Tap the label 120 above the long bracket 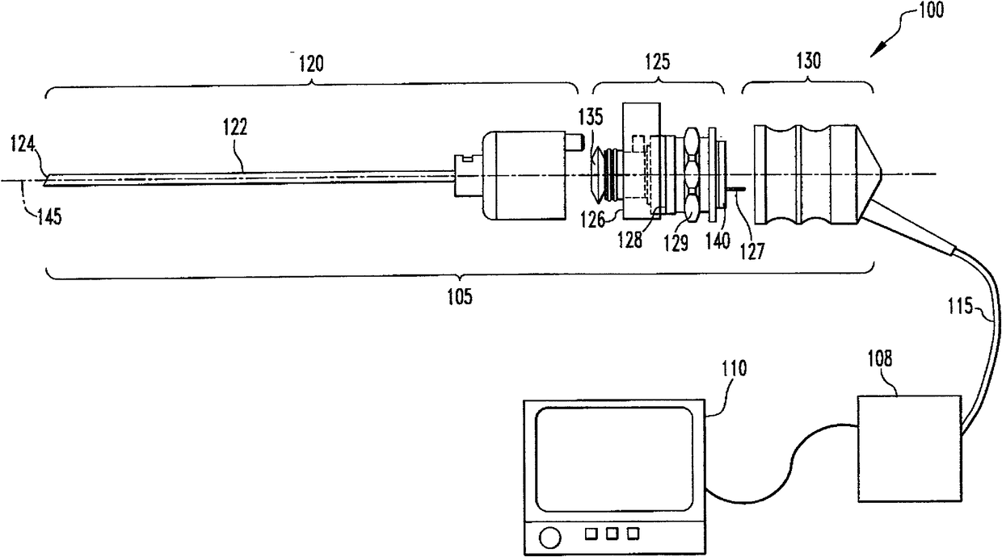310,63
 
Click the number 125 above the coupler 656,63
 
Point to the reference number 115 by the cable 963,307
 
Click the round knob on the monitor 549,534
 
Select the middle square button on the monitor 616,533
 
